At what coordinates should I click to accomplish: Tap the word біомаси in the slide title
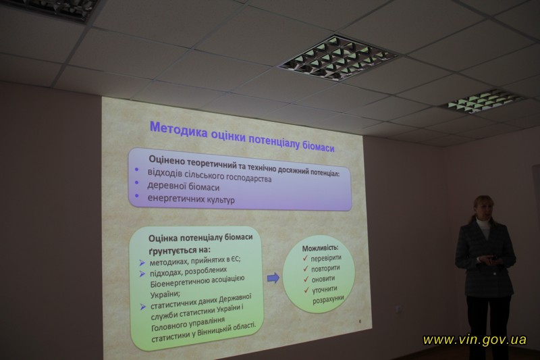coord(318,147)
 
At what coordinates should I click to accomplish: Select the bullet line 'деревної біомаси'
coord(183,186)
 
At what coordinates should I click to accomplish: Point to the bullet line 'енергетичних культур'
coord(191,199)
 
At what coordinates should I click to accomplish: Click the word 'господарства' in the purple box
coord(248,178)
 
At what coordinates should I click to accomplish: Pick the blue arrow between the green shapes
coord(273,278)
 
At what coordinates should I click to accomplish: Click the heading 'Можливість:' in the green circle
coord(320,248)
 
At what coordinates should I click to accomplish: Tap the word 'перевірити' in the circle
coord(326,258)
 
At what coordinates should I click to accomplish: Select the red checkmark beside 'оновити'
coord(306,279)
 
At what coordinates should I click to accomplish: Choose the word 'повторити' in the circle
coord(325,268)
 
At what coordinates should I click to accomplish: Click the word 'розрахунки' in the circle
coord(328,299)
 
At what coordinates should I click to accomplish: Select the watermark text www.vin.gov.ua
coord(475,340)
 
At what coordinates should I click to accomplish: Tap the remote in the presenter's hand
coord(493,258)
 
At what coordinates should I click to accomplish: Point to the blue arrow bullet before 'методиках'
coord(142,263)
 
